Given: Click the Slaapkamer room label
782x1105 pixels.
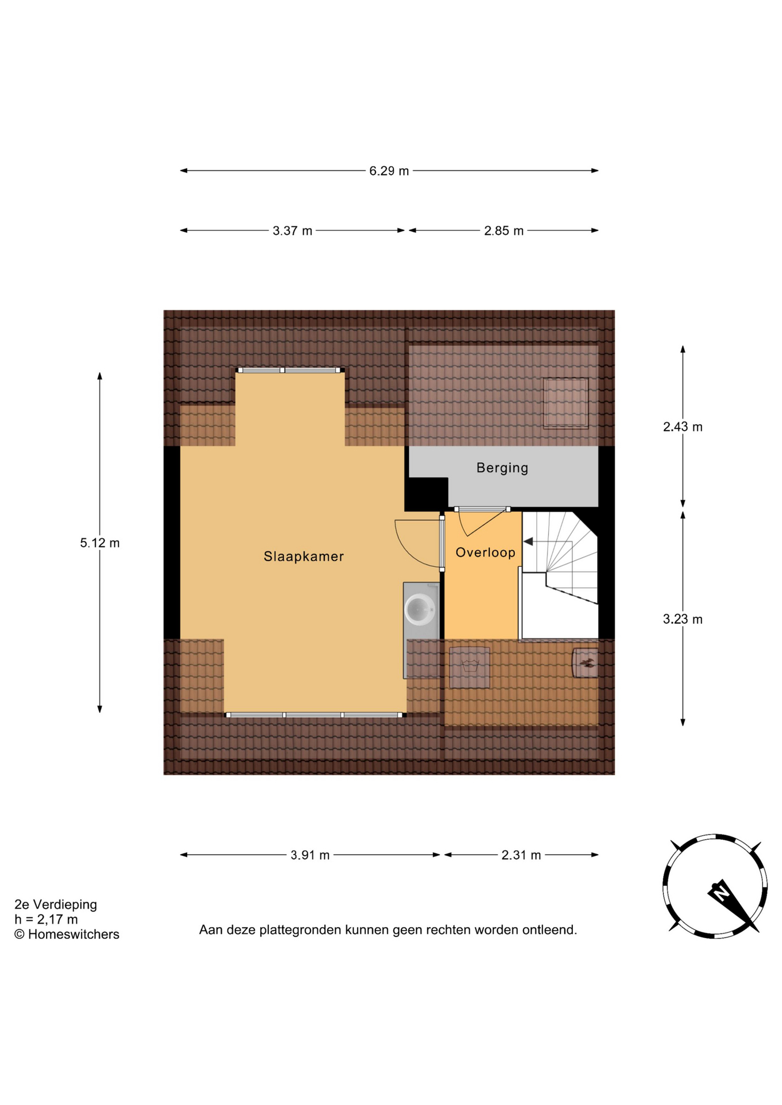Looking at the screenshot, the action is click(303, 557).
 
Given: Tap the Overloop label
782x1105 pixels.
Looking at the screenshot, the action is click(485, 552).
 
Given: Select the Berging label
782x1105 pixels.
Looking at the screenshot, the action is click(502, 468).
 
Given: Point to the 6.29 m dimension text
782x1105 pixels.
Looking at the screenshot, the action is click(389, 171).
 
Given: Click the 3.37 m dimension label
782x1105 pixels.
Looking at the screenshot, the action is click(293, 231).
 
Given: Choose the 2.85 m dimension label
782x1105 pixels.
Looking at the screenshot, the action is click(504, 231).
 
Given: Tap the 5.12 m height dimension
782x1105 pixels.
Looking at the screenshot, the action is click(100, 543).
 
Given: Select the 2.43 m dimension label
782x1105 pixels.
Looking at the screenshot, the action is click(683, 426).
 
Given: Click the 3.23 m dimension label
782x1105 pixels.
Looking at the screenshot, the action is click(683, 619).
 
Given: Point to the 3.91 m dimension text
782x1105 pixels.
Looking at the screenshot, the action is click(310, 855).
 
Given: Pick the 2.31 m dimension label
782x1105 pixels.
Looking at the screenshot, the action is click(521, 855).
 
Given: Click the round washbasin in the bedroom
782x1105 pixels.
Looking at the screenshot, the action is click(420, 609).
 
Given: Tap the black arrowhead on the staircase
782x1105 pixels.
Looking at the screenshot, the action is click(528, 542).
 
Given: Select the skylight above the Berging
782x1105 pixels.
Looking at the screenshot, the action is click(565, 403).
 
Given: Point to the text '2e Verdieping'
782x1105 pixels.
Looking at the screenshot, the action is click(56, 905).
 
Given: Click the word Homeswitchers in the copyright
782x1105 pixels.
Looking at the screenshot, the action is click(74, 935).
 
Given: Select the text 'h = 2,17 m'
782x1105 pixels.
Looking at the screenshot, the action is click(46, 920).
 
